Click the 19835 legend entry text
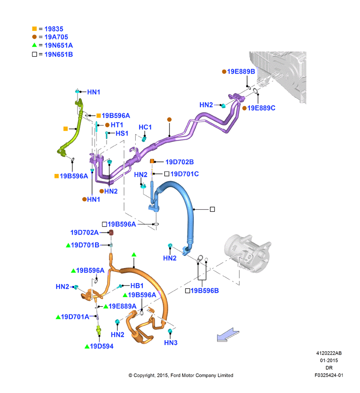tap(54, 29)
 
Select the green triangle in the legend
tap(34, 45)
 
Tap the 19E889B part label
tap(241, 72)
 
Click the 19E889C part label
tap(261, 108)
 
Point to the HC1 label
tap(145, 127)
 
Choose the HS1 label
tap(122, 133)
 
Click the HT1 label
tap(117, 125)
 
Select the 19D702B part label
tap(180, 162)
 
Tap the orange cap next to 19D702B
tap(152, 161)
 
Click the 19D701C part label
tap(185, 174)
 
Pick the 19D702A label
tap(84, 233)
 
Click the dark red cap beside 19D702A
tap(111, 233)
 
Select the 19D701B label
tap(85, 245)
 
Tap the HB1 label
tap(137, 286)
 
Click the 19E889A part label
tap(123, 306)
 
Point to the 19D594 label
tap(102, 346)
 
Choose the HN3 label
tap(171, 343)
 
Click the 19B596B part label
tap(204, 291)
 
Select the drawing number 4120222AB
tap(329, 353)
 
